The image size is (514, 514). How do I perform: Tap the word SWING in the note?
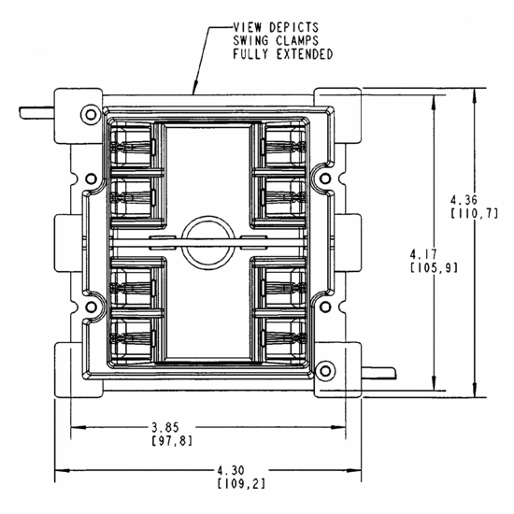pyautogui.click(x=250, y=40)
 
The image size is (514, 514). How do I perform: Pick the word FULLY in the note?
pyautogui.click(x=250, y=54)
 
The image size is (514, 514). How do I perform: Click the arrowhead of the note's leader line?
pyautogui.click(x=193, y=93)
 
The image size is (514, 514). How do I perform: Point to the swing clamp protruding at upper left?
pyautogui.click(x=36, y=113)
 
